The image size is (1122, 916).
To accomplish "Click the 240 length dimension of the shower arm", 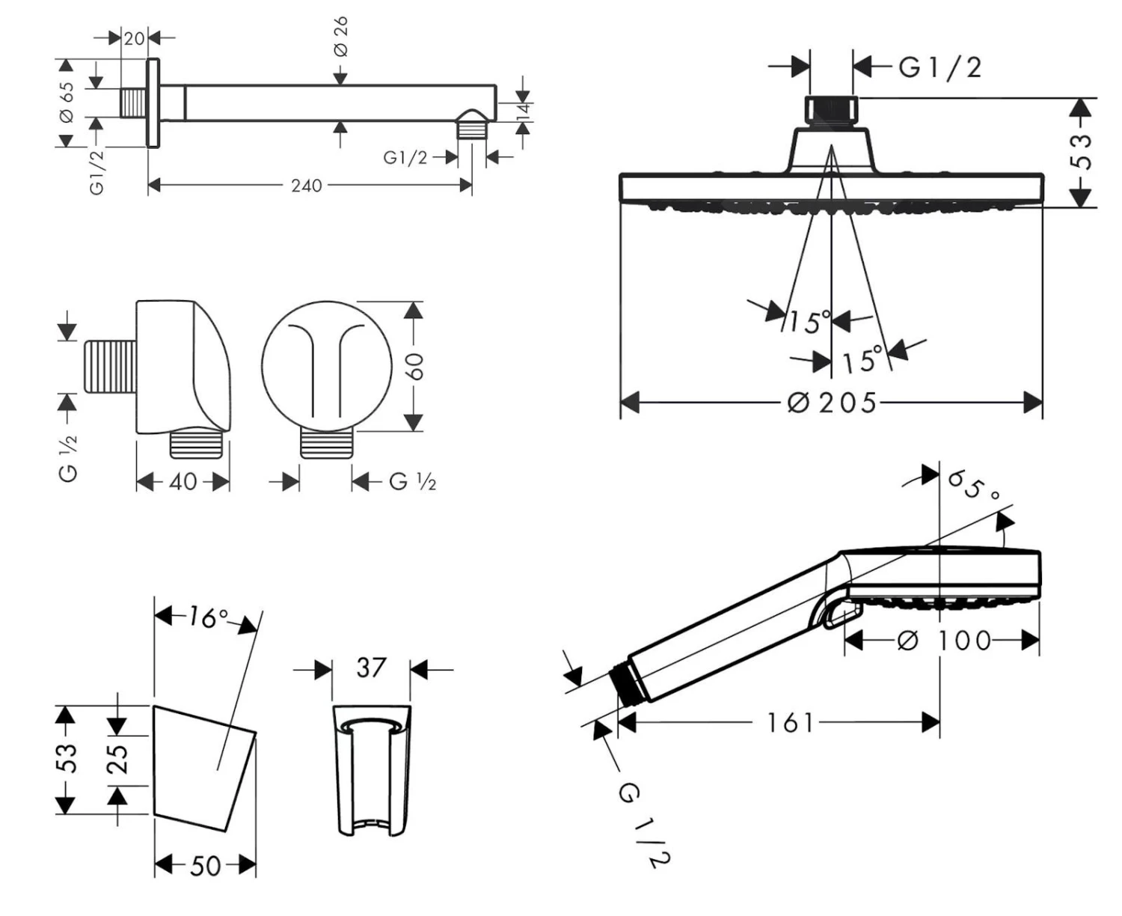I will [x=307, y=186].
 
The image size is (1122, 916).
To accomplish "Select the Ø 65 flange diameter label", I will [x=67, y=102].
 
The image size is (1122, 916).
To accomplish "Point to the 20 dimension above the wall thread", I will [x=134, y=37].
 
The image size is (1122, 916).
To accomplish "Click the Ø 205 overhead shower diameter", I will [x=832, y=403].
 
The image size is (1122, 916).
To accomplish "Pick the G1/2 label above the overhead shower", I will [x=939, y=68].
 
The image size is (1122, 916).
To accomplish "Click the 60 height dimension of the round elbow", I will [x=414, y=367].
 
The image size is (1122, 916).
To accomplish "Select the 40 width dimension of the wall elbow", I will [x=183, y=481].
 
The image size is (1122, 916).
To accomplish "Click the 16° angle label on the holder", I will [x=207, y=617].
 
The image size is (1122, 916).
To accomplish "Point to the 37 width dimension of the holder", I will [x=371, y=668].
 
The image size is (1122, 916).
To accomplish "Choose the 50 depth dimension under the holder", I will [x=205, y=866].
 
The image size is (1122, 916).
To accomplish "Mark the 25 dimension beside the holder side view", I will [x=118, y=757].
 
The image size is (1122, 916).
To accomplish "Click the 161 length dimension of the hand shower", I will [x=790, y=723].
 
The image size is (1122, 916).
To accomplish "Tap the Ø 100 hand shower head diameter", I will [x=943, y=641].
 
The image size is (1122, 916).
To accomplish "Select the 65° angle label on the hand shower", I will [x=973, y=486].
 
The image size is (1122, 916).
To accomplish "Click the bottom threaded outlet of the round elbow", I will [x=326, y=444].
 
